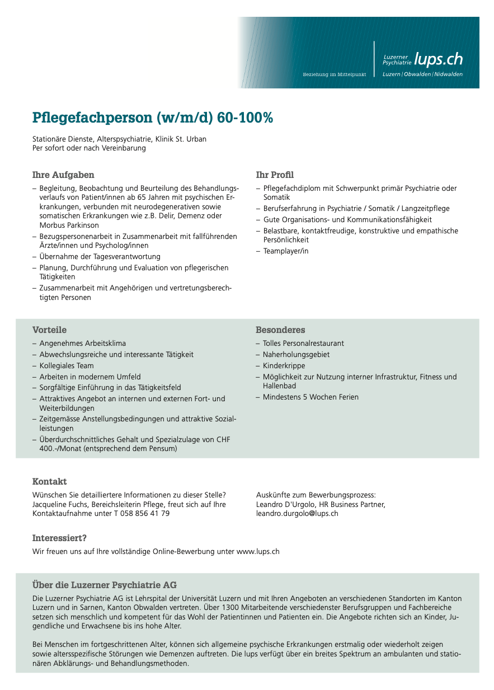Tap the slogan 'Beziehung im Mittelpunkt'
(x=334, y=74)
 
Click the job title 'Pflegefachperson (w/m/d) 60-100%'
(x=153, y=118)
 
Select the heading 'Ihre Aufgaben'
(x=63, y=175)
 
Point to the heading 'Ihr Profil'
(x=275, y=175)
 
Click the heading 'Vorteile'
(x=49, y=330)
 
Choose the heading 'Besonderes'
(x=280, y=330)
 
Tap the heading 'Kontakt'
(x=49, y=481)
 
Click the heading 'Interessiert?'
(x=59, y=538)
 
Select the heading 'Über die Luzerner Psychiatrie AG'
(x=105, y=585)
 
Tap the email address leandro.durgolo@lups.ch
(x=297, y=513)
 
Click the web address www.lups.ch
(x=258, y=551)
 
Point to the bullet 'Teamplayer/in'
(x=286, y=251)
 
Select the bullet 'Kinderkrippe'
(x=284, y=365)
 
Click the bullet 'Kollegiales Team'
(x=67, y=365)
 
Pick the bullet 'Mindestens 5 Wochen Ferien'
(x=310, y=397)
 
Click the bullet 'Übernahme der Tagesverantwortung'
(x=100, y=256)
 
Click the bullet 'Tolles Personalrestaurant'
(x=303, y=343)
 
